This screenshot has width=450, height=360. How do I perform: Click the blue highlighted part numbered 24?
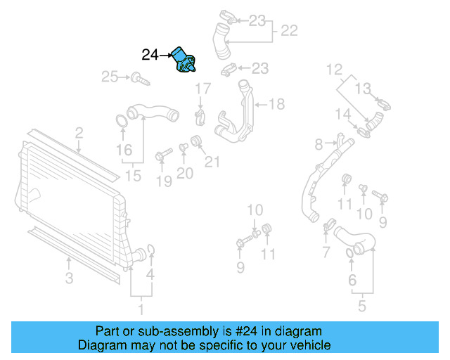[x=186, y=60]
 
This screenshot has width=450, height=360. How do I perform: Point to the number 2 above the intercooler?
[x=79, y=132]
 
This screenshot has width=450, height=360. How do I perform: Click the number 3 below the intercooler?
[x=69, y=278]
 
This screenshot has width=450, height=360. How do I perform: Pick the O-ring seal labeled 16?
[x=121, y=121]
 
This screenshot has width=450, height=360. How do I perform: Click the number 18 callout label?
[x=276, y=104]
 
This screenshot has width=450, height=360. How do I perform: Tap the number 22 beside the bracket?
[x=289, y=31]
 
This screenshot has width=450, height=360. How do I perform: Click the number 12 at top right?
[x=333, y=70]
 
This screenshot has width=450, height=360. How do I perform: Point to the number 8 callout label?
[x=319, y=144]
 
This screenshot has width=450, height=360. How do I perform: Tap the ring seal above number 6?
[x=351, y=253]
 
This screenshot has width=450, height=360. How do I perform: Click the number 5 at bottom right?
[x=362, y=306]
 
